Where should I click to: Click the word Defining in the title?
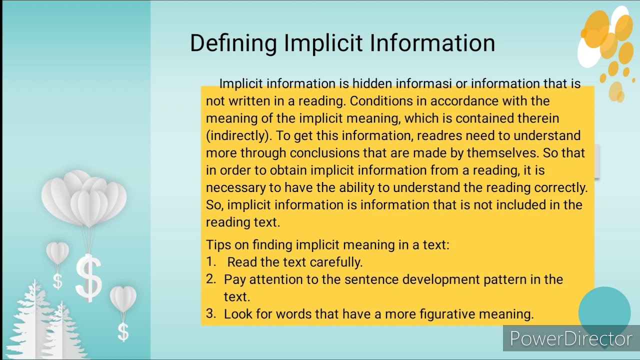click(x=233, y=43)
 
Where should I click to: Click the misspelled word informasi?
click(x=426, y=83)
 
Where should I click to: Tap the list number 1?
click(x=210, y=261)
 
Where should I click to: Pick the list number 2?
click(x=210, y=279)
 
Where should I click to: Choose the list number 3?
click(x=210, y=313)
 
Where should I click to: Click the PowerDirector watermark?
click(x=570, y=339)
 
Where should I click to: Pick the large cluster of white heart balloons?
click(x=84, y=197)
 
